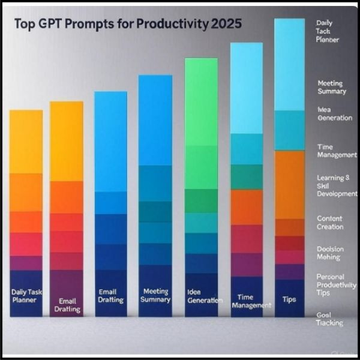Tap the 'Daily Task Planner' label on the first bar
(26, 295)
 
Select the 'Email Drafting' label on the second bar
(66, 305)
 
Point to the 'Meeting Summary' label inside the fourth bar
(155, 295)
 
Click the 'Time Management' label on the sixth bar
(246, 301)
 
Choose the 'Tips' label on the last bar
(289, 299)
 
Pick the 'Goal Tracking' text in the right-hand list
(329, 319)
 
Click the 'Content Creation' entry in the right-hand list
(330, 223)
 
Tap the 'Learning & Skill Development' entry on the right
(337, 186)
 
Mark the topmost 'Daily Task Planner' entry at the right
(328, 31)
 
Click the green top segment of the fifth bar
(201, 102)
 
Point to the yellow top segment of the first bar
(26, 141)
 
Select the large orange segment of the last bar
(289, 184)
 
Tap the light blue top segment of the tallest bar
(289, 64)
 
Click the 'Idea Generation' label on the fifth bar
(202, 296)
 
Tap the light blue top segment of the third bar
(110, 141)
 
